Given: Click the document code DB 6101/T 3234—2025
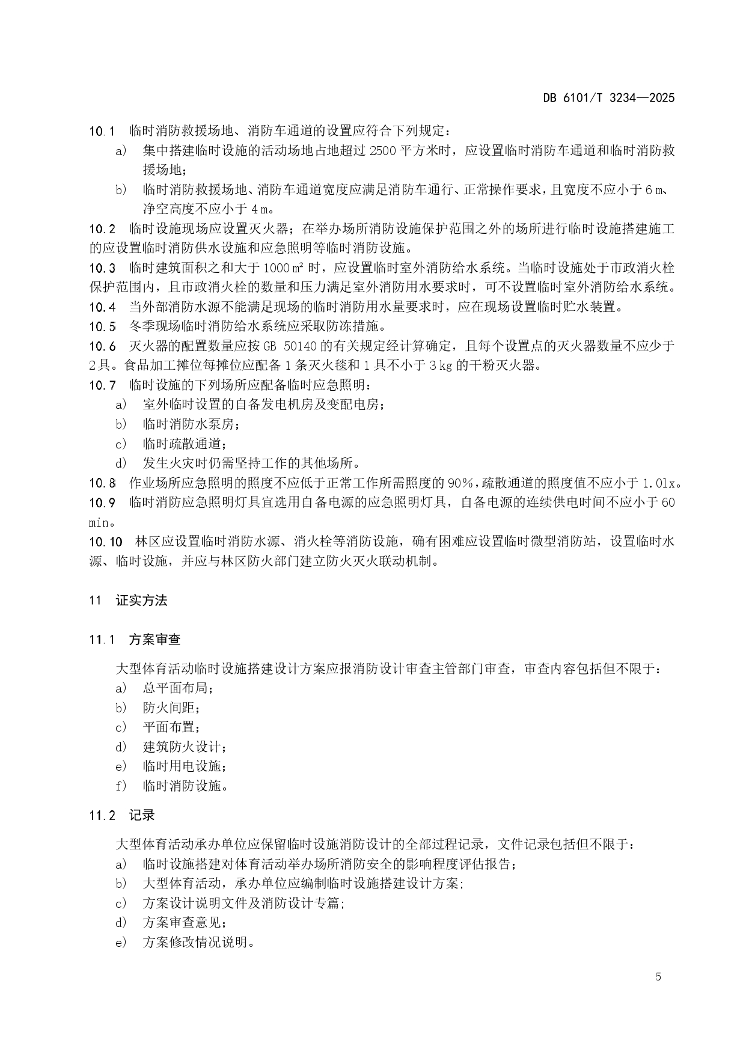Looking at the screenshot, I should [x=609, y=98].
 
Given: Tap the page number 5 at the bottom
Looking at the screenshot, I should [x=658, y=976].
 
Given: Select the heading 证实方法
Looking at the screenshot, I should [x=141, y=600].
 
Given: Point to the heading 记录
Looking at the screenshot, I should [x=142, y=815].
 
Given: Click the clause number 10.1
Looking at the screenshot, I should [x=102, y=131].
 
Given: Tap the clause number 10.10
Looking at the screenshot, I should [x=106, y=541].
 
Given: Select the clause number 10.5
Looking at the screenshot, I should [x=103, y=326].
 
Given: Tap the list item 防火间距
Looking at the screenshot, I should [x=172, y=708].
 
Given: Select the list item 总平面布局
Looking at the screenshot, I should [x=178, y=688].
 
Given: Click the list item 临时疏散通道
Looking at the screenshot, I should [x=185, y=444].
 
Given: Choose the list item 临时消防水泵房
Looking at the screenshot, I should [x=191, y=424].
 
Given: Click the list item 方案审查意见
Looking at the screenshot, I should [x=185, y=922].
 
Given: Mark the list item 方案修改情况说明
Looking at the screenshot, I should [x=198, y=942].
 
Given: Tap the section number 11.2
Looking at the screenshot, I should [x=102, y=816].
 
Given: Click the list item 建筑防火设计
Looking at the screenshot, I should [x=185, y=747].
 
